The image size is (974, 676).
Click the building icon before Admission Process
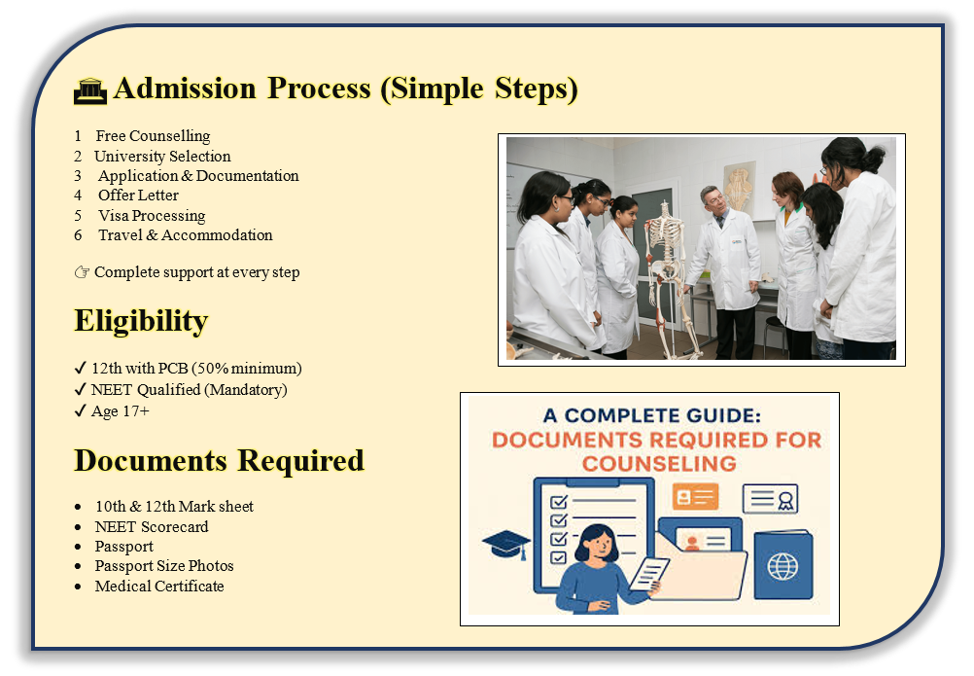[90, 90]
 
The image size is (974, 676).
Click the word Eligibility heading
[141, 321]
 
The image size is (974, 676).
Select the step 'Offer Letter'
[138, 196]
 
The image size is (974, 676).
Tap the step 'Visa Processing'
[152, 216]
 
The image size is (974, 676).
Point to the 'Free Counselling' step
[153, 136]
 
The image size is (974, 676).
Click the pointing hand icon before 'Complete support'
[82, 272]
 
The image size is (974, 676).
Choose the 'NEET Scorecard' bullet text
[152, 527]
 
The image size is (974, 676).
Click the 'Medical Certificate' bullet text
[159, 586]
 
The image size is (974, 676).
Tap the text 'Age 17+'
[120, 411]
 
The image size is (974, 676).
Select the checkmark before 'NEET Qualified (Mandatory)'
[80, 390]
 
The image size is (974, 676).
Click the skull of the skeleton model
[665, 211]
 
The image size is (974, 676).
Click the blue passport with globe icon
[783, 564]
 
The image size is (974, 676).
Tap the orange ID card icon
[696, 496]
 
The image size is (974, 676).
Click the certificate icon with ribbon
[770, 498]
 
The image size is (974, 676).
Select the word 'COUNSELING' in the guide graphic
[659, 464]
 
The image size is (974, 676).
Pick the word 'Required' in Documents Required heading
[300, 461]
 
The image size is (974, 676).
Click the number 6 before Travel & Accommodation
[78, 235]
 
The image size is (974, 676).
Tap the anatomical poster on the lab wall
[739, 189]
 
